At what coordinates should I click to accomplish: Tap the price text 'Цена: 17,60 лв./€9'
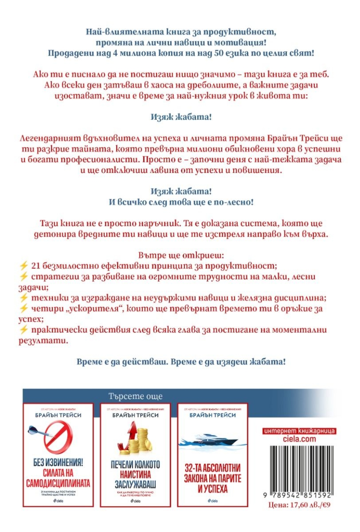pos(299,505)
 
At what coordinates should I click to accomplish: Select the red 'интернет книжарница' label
pos(299,431)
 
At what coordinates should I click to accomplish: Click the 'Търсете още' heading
pos(135,396)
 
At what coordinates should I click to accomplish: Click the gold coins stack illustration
pos(136,438)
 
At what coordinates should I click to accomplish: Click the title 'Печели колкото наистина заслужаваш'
pos(135,474)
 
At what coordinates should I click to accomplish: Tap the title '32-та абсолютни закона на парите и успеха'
pos(213,478)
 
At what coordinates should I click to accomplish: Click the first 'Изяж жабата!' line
pos(181,117)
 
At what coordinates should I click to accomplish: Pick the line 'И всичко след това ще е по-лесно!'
pos(181,202)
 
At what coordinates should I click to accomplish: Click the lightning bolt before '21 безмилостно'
pos(24,266)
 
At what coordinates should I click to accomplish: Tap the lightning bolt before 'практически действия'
pos(24,330)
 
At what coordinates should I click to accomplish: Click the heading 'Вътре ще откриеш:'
pos(181,255)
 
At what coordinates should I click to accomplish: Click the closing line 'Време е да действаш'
pos(181,362)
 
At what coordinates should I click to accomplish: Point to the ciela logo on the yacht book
pos(213,501)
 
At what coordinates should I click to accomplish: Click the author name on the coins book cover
pos(135,415)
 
